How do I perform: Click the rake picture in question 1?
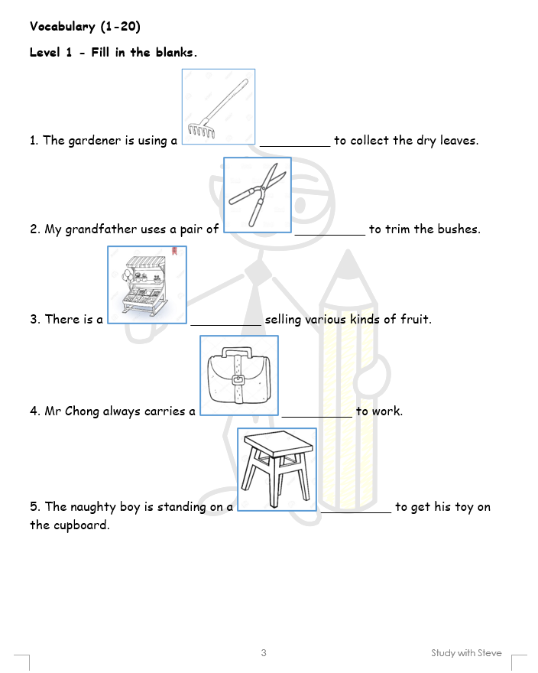pos(219,106)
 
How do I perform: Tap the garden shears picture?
pos(258,195)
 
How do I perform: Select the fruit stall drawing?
pos(147,284)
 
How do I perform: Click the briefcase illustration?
pos(239,376)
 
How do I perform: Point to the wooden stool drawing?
pos(277,469)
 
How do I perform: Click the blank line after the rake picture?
pos(295,147)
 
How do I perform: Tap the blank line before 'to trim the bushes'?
pos(330,235)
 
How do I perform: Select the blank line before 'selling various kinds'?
pos(225,325)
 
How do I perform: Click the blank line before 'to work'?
pos(316,417)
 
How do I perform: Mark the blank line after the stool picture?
pos(356,512)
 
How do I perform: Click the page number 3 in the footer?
pos(264,653)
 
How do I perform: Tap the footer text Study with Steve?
pos(466,653)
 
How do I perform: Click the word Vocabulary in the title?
pos(63,27)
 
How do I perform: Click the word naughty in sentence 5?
pos(93,507)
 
